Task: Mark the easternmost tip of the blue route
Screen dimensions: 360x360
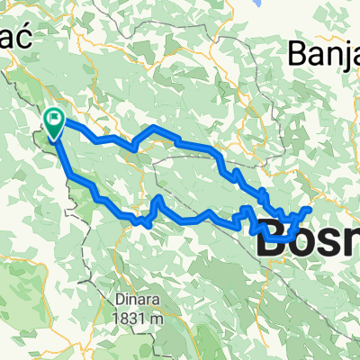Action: click(310, 210)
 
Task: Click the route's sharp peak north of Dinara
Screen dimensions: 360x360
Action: click(159, 196)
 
